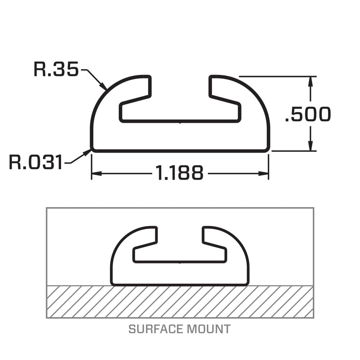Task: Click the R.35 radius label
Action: click(56, 69)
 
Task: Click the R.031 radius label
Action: click(36, 162)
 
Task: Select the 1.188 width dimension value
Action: click(179, 173)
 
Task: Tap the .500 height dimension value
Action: click(307, 114)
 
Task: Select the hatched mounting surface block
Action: click(180, 302)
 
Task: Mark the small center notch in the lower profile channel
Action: click(180, 262)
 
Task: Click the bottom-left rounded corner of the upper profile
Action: click(93, 149)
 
